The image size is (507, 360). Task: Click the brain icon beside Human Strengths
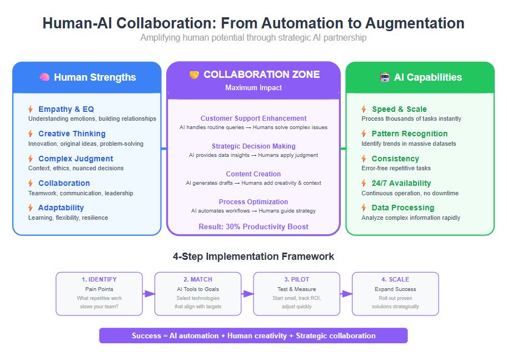pos(44,77)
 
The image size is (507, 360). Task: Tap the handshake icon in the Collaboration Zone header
pos(194,75)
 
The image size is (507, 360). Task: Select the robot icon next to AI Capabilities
pos(385,77)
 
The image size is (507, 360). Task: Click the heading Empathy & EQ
pos(66,109)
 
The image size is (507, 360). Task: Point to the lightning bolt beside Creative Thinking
pos(31,134)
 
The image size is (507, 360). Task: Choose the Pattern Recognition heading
pos(409,134)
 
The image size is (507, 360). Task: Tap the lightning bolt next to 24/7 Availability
pos(364,183)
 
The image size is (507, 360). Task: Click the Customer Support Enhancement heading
pos(254,118)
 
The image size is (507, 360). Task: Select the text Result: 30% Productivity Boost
pos(254,226)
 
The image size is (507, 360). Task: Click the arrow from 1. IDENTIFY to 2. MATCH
pos(149,294)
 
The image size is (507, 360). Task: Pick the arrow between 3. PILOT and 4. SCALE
pos(346,294)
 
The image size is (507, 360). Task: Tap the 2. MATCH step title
pos(198,279)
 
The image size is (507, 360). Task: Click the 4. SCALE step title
pos(395,279)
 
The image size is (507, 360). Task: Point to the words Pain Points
pos(100,289)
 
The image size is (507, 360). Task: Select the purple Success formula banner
pos(254,336)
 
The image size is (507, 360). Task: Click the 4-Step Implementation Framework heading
pos(254,257)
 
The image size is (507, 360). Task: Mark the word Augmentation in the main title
pos(415,23)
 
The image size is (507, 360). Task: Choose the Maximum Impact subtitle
pos(254,88)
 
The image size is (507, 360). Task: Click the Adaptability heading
pos(61,208)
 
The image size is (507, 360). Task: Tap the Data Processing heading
pos(403,208)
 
